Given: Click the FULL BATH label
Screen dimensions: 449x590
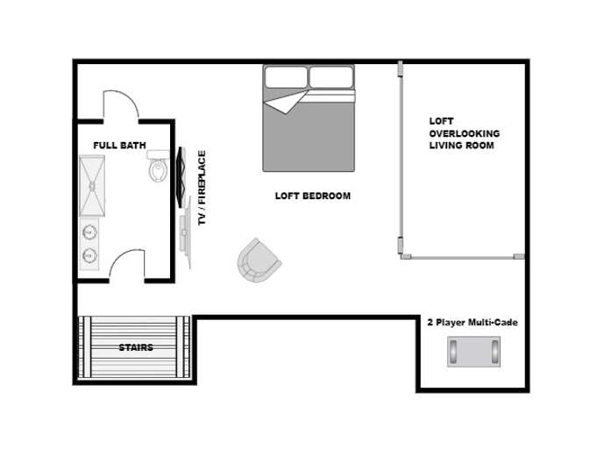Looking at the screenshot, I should pyautogui.click(x=119, y=145).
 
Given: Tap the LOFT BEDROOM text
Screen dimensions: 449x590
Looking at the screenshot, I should pyautogui.click(x=312, y=196).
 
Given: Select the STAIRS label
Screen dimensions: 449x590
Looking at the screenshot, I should pyautogui.click(x=135, y=347).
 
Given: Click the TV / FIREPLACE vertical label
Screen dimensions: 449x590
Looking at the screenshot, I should pyautogui.click(x=202, y=189).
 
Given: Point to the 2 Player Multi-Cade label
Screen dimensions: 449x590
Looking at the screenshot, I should pyautogui.click(x=472, y=323).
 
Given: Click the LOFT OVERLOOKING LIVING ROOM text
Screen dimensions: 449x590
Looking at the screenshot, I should pyautogui.click(x=464, y=133).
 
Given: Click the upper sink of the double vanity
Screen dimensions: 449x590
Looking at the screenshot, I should pyautogui.click(x=89, y=233).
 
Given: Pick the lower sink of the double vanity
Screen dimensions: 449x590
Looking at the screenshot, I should pyautogui.click(x=89, y=255).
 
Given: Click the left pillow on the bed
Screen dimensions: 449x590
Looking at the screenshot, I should pyautogui.click(x=287, y=77).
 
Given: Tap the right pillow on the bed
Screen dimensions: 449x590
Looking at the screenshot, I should pyautogui.click(x=333, y=77).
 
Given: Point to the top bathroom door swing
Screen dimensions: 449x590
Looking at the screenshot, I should pyautogui.click(x=121, y=104).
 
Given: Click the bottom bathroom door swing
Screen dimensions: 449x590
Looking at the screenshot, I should pyautogui.click(x=126, y=264).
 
